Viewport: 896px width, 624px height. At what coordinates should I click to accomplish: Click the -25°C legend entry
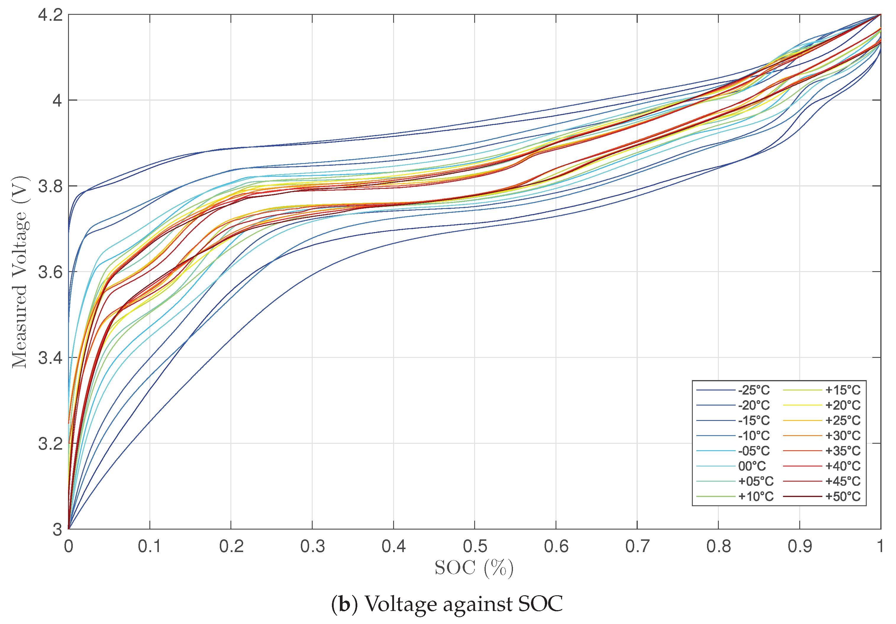753,390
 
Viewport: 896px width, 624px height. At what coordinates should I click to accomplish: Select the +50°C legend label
842,497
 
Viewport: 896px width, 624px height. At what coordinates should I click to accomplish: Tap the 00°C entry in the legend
752,466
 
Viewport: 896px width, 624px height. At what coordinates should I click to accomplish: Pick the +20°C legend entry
842,405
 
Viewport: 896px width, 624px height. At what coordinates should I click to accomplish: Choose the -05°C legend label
753,451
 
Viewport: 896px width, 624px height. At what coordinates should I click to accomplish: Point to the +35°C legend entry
842,451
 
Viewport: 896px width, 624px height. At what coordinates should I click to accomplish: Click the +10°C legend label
755,497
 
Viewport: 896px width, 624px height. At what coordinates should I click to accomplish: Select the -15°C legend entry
753,421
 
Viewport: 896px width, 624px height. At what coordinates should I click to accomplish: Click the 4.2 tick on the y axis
50,15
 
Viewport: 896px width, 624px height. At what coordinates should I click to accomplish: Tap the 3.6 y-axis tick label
50,272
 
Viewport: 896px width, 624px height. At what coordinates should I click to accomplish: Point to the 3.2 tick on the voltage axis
50,444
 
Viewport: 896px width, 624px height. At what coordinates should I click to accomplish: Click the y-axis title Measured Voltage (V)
20,272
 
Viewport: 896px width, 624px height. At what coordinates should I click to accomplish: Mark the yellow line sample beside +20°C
802,405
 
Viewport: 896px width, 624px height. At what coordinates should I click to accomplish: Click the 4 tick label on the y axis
57,101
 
